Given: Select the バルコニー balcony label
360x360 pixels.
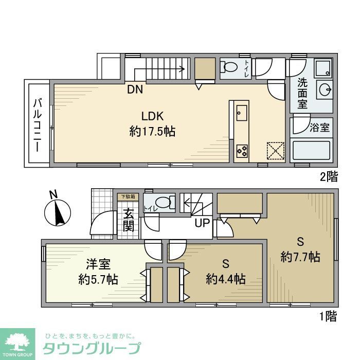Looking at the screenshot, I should pos(38,124).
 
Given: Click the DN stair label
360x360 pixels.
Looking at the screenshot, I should pos(135,89).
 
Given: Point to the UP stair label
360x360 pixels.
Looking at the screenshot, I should pos(202,224).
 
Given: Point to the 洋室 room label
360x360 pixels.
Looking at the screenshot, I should pos(98,264).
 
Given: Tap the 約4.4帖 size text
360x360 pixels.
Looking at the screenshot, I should pos(225,279).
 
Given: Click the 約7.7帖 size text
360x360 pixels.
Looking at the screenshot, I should pos(300,256).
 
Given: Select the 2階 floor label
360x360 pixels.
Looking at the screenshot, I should pos(329,177).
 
